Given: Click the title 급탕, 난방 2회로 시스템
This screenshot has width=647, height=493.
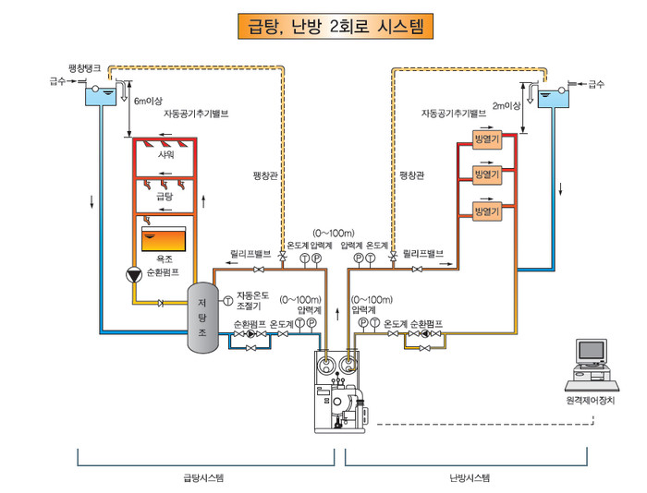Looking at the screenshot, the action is [336, 27].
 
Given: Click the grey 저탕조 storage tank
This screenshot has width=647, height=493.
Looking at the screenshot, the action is [202, 318].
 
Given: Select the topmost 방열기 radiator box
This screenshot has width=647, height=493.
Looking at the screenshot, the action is [487, 138].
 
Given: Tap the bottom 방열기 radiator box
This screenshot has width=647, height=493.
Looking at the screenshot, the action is [487, 211].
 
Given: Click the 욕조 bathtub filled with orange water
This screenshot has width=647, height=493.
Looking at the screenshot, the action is [164, 239].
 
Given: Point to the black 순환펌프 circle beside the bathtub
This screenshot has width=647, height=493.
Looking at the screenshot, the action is [134, 274].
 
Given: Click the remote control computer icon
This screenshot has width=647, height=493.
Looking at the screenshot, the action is [592, 365].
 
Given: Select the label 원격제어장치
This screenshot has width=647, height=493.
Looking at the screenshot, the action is [591, 401].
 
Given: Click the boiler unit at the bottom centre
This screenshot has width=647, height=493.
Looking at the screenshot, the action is [340, 391].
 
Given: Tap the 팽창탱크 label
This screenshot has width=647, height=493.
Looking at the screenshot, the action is [85, 68].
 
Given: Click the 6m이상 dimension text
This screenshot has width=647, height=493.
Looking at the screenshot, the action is [148, 101].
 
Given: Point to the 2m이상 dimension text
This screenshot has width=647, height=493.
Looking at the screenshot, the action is [507, 106].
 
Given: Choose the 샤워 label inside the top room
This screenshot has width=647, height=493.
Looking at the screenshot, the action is [165, 154].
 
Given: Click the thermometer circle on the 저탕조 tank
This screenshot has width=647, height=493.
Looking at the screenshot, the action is [227, 301].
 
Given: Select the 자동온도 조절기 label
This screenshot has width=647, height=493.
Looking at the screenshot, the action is [252, 301].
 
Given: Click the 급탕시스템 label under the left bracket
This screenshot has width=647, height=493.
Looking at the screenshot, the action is [204, 478].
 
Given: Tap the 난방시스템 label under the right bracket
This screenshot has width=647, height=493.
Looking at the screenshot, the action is [470, 478].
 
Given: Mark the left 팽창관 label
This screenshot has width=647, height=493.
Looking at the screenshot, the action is [265, 176].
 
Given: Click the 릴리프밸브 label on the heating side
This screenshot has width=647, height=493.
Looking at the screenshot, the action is [423, 253].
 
